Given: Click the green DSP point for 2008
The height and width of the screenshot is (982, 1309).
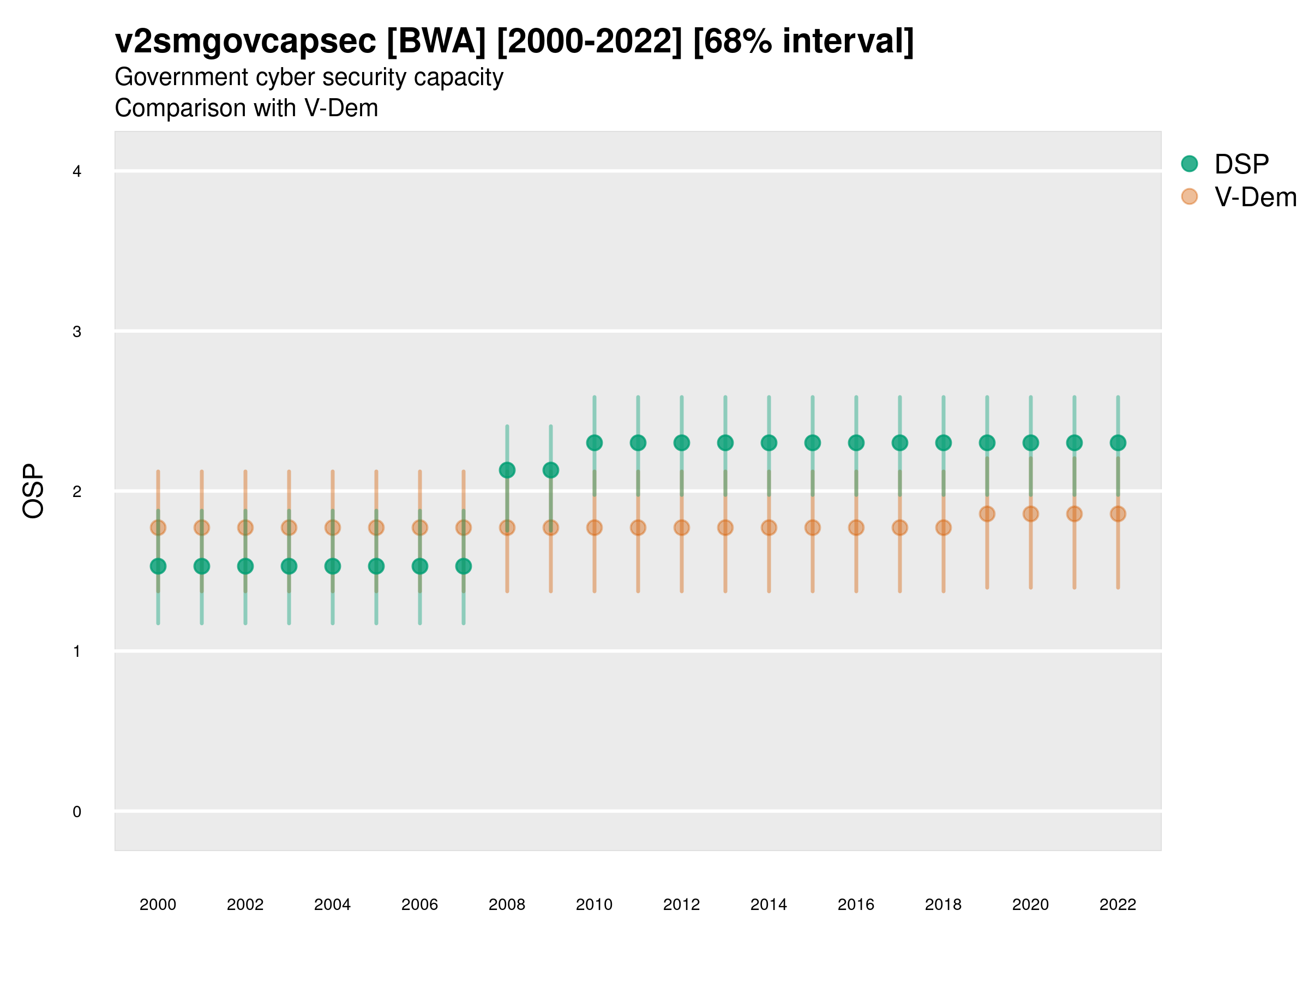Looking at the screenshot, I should [x=507, y=470].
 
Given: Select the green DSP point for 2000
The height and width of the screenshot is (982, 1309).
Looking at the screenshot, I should [x=158, y=566].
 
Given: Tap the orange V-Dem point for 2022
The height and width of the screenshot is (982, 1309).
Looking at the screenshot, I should [x=1118, y=514].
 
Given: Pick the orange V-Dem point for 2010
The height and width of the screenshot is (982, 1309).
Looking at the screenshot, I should [x=594, y=528].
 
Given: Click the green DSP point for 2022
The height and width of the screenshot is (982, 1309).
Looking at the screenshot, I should [x=1118, y=443].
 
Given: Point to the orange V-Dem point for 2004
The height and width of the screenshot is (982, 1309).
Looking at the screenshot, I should [x=333, y=528].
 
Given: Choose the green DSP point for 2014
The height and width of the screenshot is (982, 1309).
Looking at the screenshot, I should [x=768, y=443].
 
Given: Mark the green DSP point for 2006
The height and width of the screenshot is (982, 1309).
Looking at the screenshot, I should [x=419, y=566].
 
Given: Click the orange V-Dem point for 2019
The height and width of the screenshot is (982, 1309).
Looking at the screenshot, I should [x=987, y=514].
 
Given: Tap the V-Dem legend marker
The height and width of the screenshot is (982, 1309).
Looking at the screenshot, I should [x=1189, y=196].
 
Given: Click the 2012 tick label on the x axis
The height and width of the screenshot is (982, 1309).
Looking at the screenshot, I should [x=681, y=905].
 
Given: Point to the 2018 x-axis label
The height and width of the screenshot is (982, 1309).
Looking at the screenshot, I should [x=943, y=905].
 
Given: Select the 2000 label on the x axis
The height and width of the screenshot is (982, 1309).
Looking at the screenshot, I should [x=158, y=905].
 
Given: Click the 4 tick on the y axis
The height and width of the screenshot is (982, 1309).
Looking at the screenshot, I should [x=77, y=172].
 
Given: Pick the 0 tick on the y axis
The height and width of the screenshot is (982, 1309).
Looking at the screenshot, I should [x=77, y=812].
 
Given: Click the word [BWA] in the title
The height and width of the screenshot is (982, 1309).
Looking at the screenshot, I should [x=436, y=41].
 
